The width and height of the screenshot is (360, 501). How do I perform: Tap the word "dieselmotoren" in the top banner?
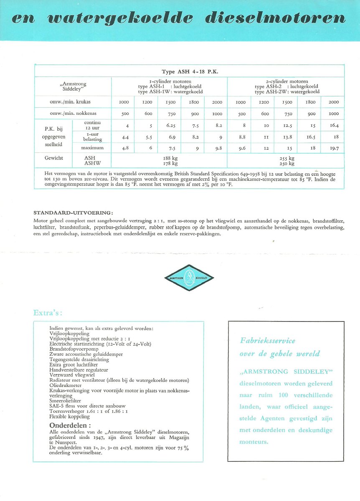pos(276,19)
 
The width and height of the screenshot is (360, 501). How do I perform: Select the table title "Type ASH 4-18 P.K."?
pos(190,72)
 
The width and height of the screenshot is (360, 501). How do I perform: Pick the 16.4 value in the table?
pos(334,125)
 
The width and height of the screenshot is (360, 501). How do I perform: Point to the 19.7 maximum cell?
pos(334,148)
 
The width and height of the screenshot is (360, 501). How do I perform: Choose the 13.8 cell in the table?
pos(287,137)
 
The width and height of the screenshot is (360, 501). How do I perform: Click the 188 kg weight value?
pos(170,159)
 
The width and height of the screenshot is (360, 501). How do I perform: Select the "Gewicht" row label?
pos(53,159)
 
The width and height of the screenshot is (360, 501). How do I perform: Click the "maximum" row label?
pos(91,148)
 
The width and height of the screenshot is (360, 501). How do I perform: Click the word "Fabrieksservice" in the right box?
pos(267,341)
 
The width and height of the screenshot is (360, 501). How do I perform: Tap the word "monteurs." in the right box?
pos(254,442)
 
